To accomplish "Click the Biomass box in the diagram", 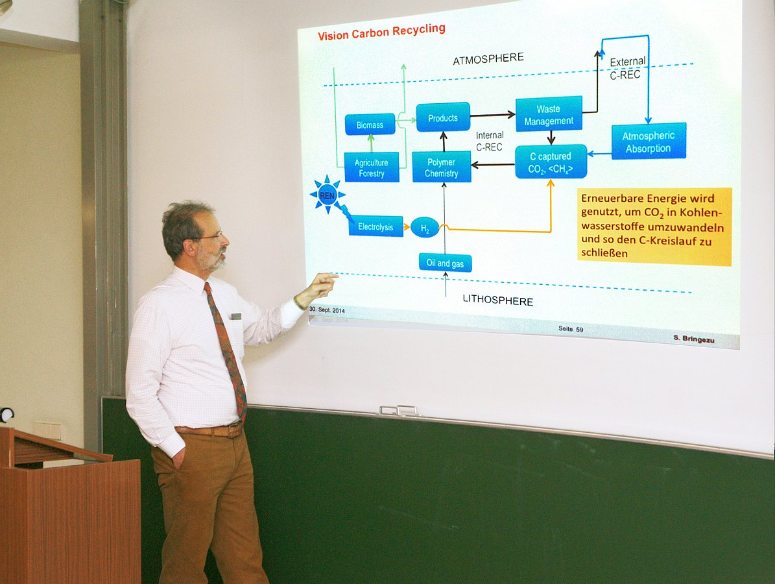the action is coord(370,125).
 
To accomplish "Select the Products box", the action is coord(443,117).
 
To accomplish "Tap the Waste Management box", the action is coord(549,114).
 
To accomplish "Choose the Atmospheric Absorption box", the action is coord(649,141).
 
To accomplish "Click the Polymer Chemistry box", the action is coord(442,167).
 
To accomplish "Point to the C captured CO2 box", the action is coord(551,162).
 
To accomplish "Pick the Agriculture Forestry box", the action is coord(372,167).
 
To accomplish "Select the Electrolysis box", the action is coord(376,226).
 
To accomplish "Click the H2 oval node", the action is coord(425,228).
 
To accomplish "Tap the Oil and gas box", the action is coord(445,263).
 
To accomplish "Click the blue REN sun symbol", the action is coord(328,195).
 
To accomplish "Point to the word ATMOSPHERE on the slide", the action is coord(488,58).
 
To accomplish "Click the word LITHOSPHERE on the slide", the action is coord(497,300).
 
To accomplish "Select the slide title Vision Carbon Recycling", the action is coord(381,32).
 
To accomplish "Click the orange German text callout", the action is coord(654,226).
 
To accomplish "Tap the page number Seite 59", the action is coord(571,329).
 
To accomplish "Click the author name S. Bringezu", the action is coord(693,339).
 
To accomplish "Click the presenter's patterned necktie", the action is coord(226,350).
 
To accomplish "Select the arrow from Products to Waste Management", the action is coord(493,116).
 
